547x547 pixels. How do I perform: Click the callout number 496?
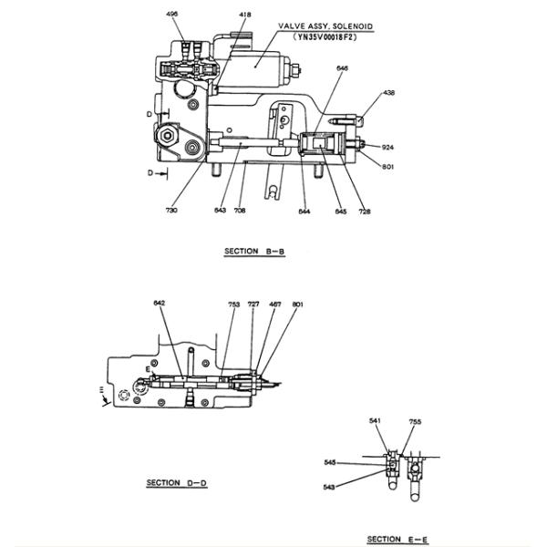tap(173, 15)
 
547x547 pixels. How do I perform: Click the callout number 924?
tap(387, 147)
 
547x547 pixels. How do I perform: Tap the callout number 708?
tap(241, 211)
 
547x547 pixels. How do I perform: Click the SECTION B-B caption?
tap(255, 250)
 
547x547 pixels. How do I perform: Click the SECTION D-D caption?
tap(177, 482)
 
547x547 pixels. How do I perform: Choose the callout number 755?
tap(415, 421)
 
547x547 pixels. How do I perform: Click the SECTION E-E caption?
tap(397, 539)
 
